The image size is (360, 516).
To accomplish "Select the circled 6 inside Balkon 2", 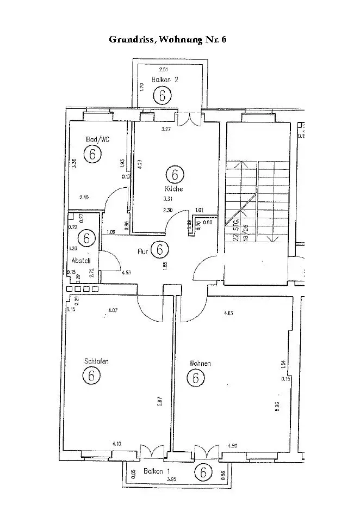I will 162,96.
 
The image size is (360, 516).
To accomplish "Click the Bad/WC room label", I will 98,139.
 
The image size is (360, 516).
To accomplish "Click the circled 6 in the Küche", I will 174,175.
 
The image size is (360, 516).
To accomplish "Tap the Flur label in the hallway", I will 143,252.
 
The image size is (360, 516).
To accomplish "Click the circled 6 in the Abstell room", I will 86,238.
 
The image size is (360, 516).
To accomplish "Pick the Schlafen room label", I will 96,361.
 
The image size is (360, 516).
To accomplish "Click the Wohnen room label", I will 200,363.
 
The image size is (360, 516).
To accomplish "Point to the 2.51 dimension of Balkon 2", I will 163,70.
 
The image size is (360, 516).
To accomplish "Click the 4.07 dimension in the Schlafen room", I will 113,310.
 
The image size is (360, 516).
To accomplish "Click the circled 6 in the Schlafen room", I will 91,375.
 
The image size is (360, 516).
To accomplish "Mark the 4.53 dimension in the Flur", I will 126,272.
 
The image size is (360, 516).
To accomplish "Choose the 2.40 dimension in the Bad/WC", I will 84,198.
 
